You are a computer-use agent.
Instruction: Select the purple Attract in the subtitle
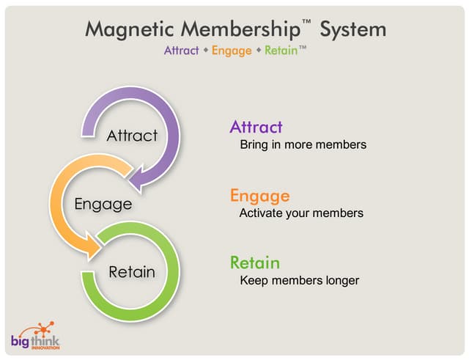click(x=181, y=51)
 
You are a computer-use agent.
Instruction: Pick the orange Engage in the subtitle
click(x=231, y=51)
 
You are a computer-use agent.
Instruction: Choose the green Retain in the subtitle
click(x=280, y=51)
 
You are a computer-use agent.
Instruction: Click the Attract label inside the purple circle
click(x=132, y=136)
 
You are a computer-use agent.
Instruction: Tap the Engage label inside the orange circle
click(x=103, y=203)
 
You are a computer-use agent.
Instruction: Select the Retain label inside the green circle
click(x=132, y=272)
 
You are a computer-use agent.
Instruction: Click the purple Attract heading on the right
click(x=256, y=127)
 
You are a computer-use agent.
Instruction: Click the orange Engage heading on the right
click(x=259, y=196)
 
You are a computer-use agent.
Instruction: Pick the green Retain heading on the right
click(x=255, y=262)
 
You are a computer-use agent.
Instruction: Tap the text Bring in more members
click(x=303, y=144)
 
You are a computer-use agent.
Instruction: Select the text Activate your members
click(x=301, y=213)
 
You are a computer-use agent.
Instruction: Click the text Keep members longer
click(x=300, y=280)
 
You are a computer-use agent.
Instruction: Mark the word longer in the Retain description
click(x=341, y=280)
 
